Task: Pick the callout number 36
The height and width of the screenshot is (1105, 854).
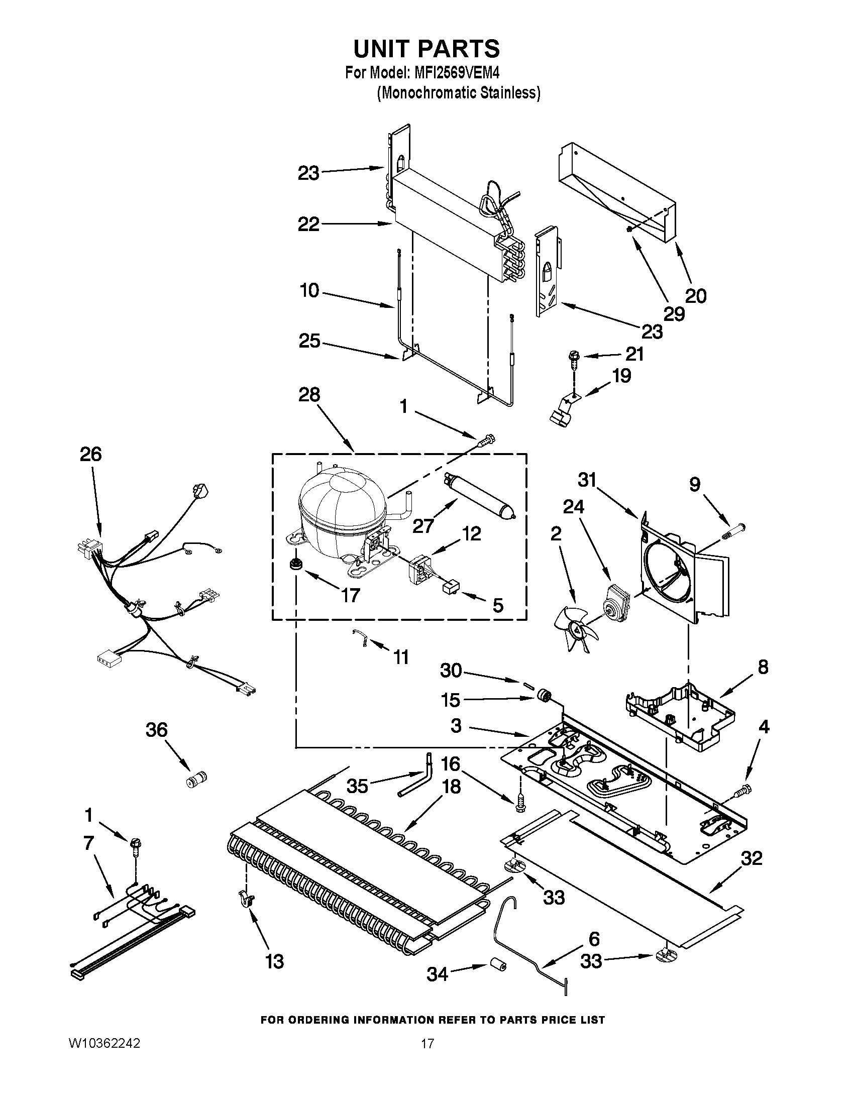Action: coord(156,730)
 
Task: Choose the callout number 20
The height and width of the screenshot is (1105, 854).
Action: coord(695,296)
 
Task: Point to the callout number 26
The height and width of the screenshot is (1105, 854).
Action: coord(91,454)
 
